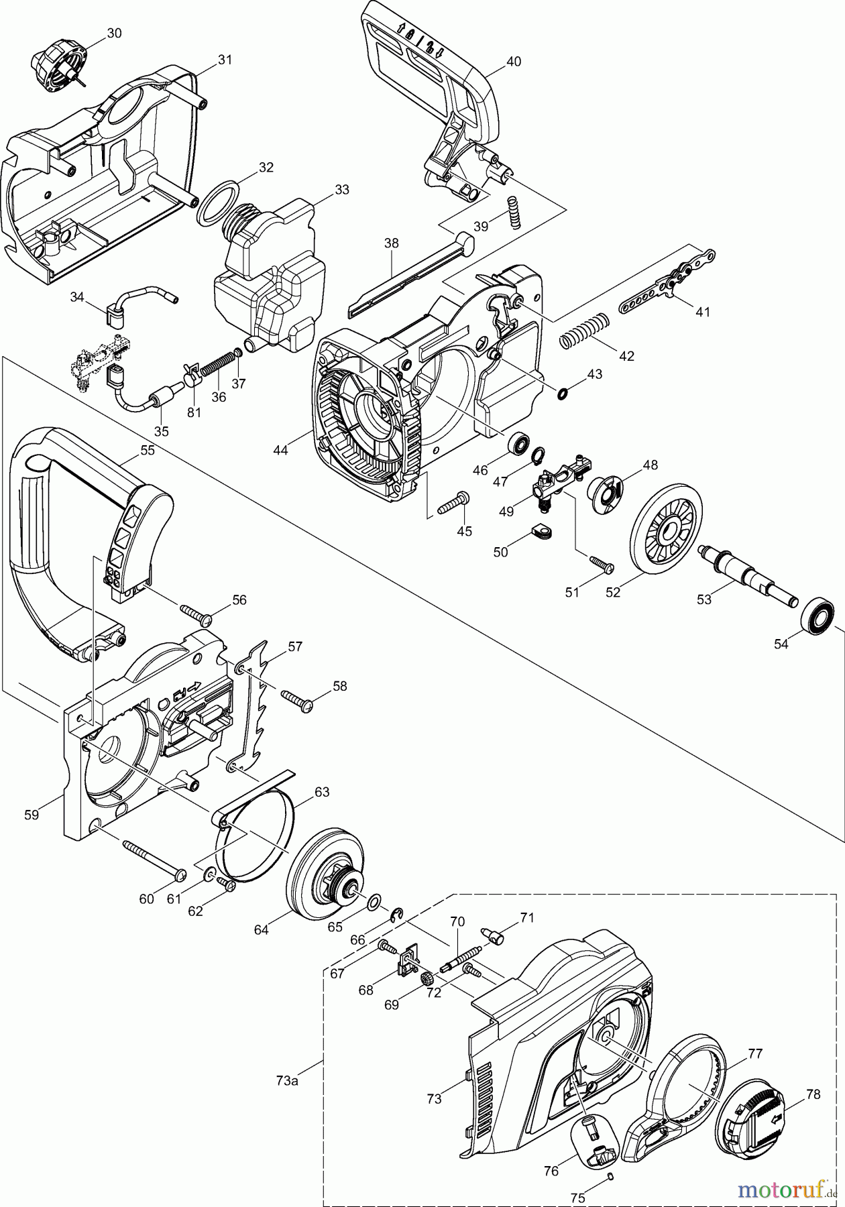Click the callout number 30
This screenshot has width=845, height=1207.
click(114, 33)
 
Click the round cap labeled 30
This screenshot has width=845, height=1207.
click(58, 68)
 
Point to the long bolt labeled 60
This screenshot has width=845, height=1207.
click(154, 858)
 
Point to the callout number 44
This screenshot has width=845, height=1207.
click(280, 451)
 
